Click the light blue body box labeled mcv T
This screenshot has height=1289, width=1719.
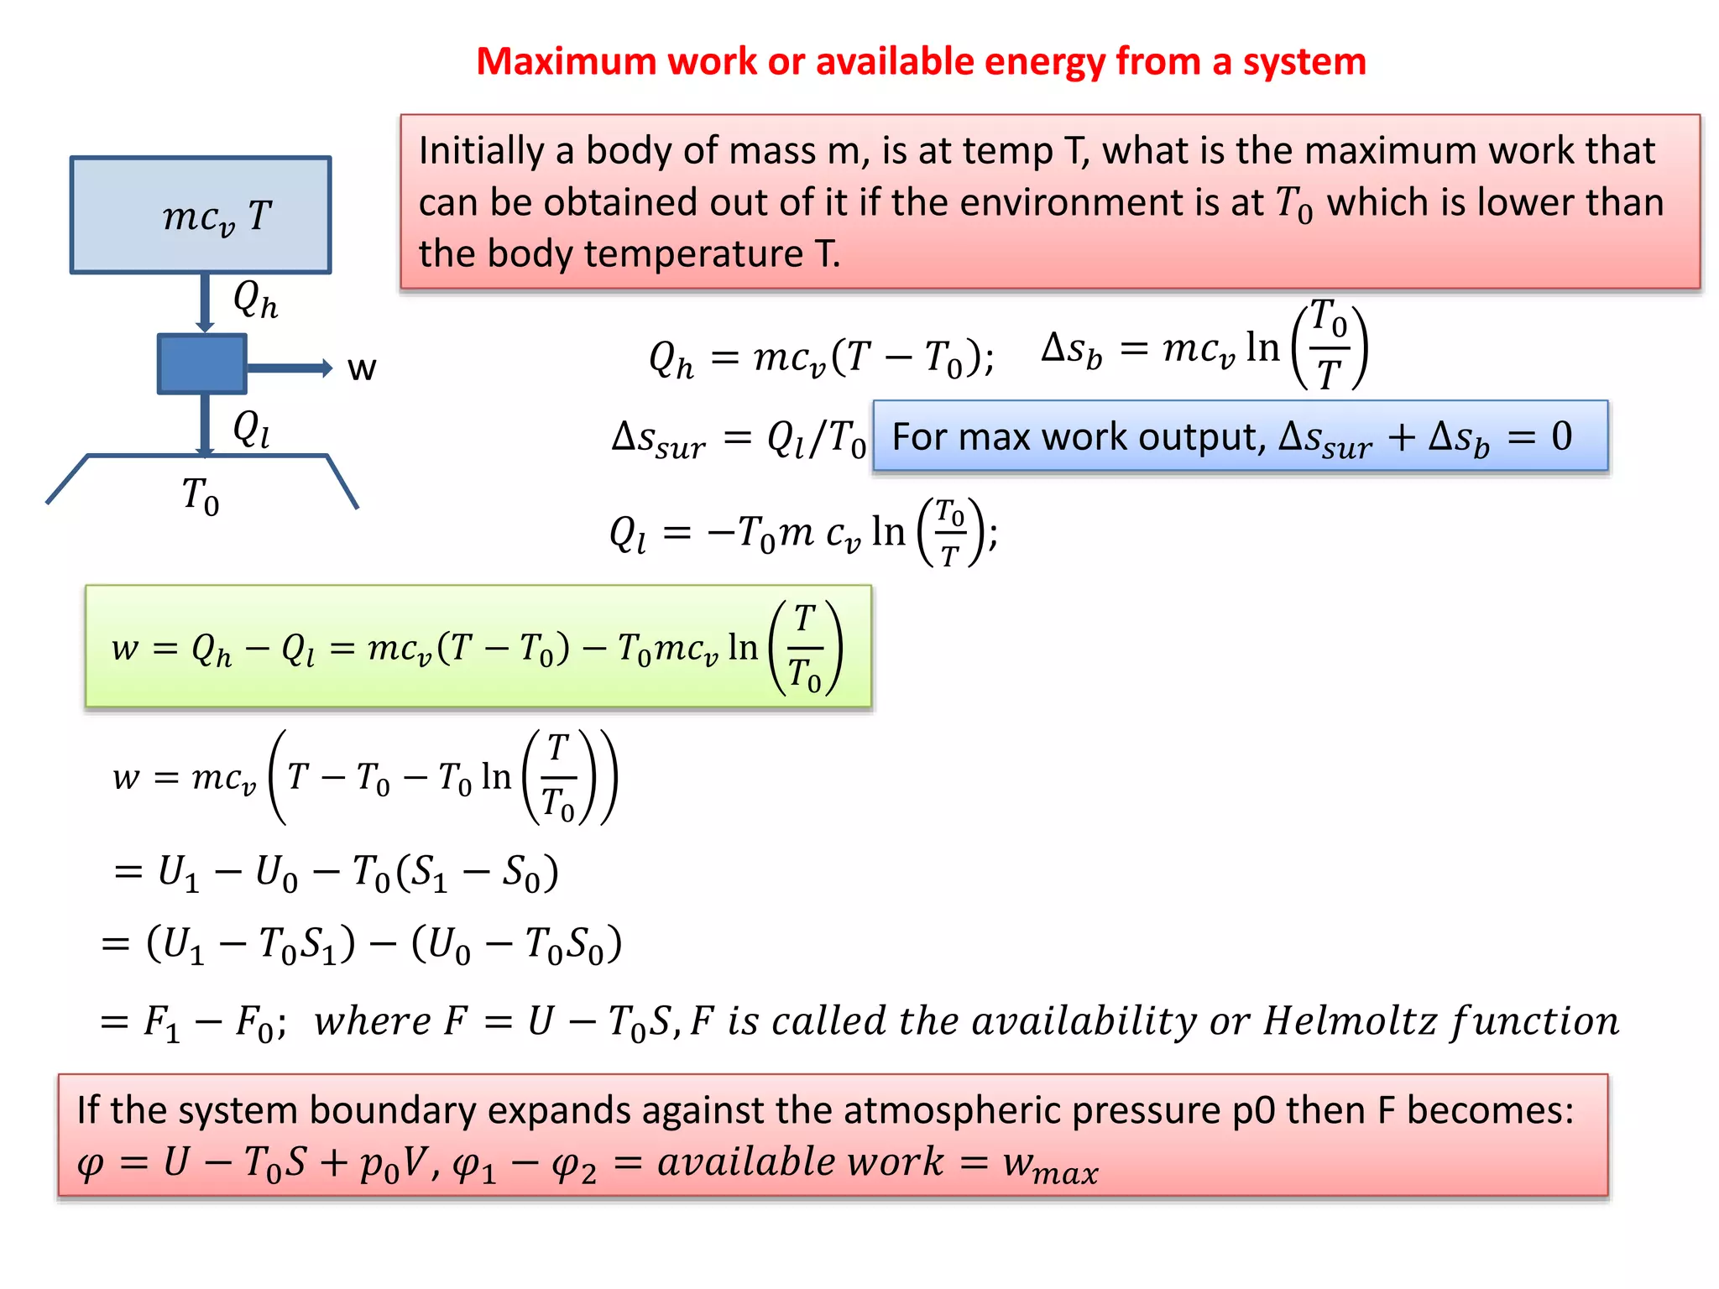point(201,215)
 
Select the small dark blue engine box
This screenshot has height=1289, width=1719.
point(201,364)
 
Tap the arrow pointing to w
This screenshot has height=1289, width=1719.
point(290,368)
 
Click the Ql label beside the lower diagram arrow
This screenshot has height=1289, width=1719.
point(251,429)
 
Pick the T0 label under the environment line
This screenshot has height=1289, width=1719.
point(201,495)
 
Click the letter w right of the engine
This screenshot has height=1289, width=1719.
point(362,368)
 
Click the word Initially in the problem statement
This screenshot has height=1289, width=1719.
point(481,152)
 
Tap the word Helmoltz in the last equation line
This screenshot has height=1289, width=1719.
point(1350,1021)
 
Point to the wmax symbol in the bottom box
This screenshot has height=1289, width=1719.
point(1050,1165)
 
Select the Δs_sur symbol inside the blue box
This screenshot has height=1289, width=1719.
point(1325,438)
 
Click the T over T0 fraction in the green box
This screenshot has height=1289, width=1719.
point(805,648)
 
